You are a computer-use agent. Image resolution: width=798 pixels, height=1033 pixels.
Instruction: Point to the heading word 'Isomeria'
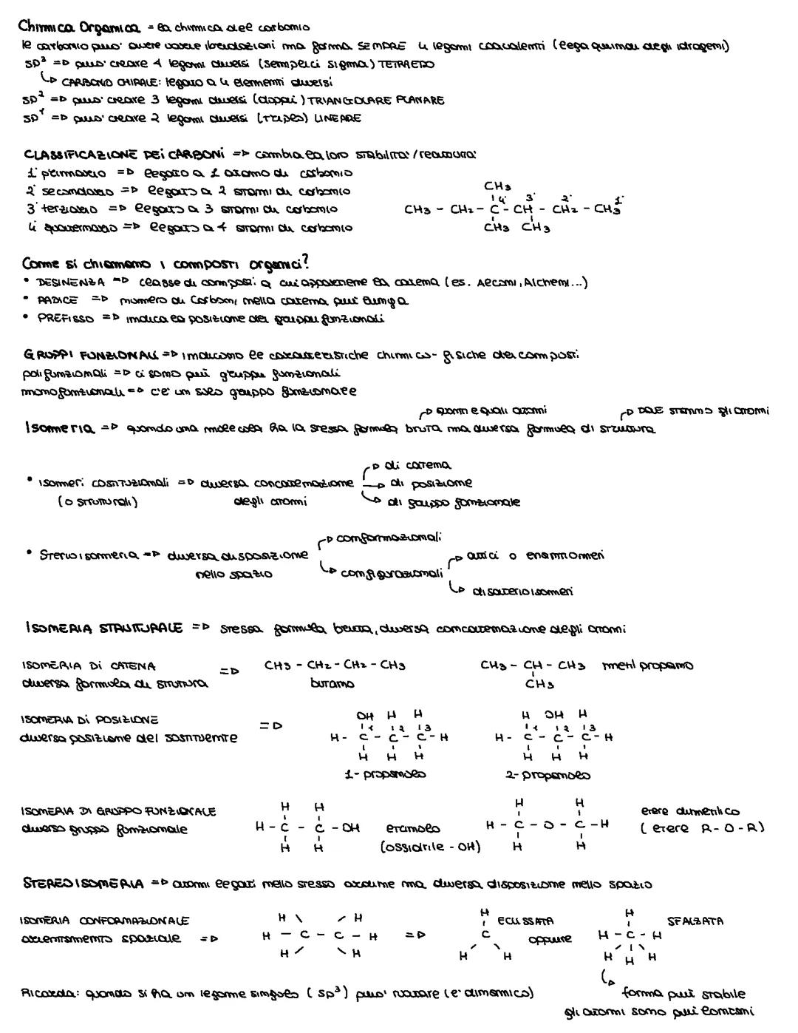(56, 428)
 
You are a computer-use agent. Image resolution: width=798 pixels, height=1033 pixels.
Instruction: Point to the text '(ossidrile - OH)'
(430, 847)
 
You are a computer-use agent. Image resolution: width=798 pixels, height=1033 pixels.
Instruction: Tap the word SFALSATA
(695, 921)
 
